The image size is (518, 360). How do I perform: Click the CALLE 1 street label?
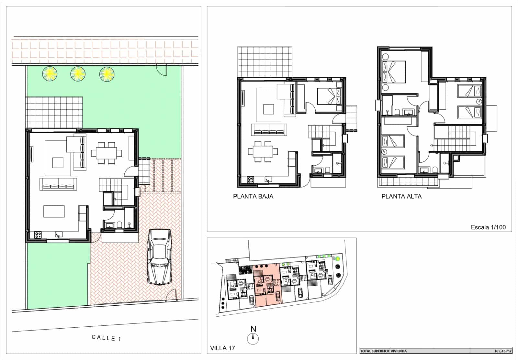click(106, 338)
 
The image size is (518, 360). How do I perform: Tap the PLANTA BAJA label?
click(253, 196)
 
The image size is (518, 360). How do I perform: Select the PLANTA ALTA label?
click(401, 196)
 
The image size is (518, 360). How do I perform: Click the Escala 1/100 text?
click(488, 227)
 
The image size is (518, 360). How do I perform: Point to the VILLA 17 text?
click(222, 348)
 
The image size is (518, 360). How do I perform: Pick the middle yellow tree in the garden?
click(78, 74)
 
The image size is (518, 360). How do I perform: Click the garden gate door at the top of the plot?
click(161, 68)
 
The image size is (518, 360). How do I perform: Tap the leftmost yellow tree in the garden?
click(50, 74)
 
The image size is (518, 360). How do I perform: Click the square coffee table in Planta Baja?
click(268, 109)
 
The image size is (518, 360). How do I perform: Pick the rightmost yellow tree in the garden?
click(107, 74)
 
